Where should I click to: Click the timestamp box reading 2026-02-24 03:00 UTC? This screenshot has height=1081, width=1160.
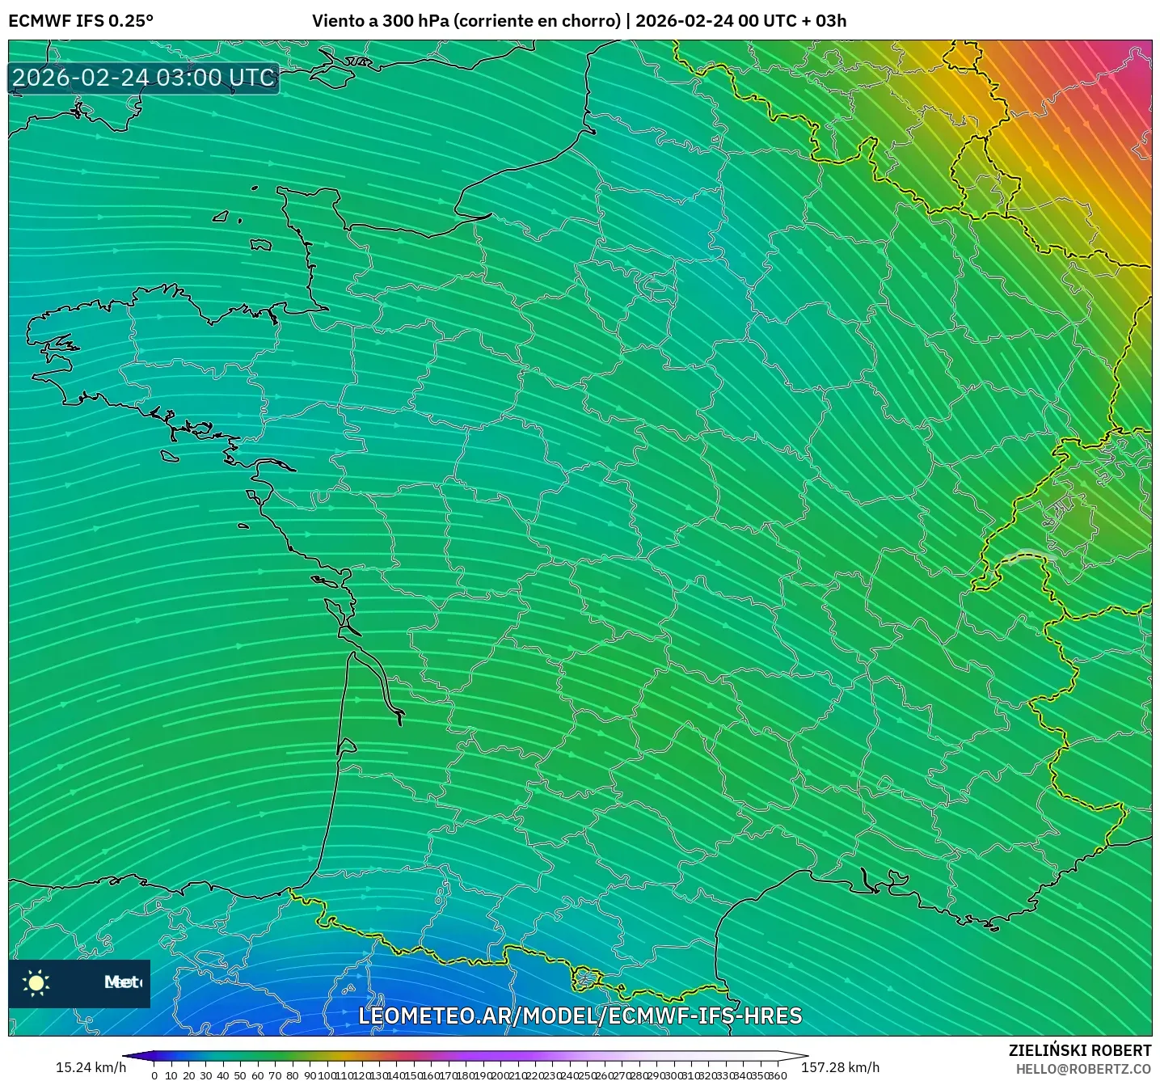144,78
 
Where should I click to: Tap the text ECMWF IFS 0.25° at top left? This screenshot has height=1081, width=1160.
80,21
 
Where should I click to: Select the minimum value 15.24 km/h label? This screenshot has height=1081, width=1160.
91,1067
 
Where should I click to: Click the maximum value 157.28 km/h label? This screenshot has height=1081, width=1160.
840,1067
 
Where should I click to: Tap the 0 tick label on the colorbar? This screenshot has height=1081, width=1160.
154,1075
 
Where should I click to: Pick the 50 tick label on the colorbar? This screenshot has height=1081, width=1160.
240,1075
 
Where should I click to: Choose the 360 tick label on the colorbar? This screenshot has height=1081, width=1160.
777,1075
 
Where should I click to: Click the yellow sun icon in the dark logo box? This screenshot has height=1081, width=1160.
36,983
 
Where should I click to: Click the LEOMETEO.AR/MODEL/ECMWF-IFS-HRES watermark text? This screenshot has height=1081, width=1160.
580,1016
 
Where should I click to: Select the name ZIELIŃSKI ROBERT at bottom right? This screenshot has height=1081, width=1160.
1080,1050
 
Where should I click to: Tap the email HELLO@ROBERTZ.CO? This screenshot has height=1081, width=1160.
1083,1069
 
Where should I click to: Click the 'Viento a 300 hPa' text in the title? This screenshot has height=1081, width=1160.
381,21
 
